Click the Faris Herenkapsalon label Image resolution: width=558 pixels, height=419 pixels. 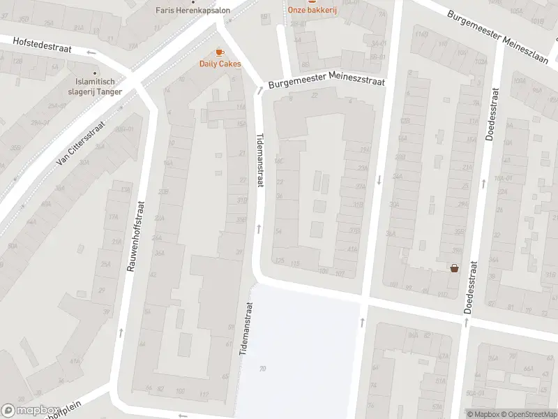click(188, 10)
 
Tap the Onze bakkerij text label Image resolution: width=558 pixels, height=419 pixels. click(312, 10)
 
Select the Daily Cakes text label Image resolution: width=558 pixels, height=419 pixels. click(220, 64)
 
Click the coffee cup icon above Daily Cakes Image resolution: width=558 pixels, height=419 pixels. click(220, 52)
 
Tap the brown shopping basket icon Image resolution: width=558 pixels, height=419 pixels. click(455, 267)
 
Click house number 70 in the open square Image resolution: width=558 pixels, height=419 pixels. click(262, 368)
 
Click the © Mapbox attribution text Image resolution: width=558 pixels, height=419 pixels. click(482, 413)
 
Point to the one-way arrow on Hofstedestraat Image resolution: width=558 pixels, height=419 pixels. click(91, 52)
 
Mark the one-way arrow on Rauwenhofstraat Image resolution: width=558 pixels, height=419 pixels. click(121, 332)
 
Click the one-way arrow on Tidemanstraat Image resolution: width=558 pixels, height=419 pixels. click(259, 228)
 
